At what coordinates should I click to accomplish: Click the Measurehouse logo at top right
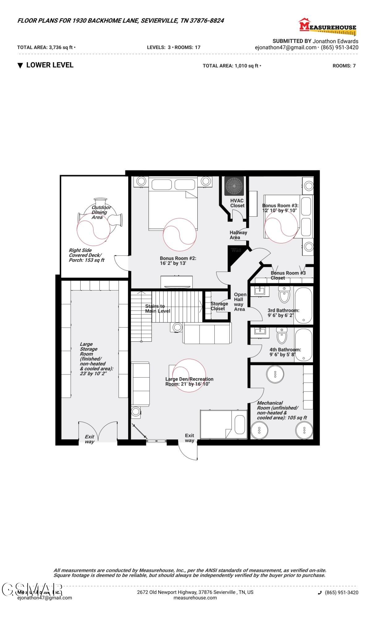coord(327,26)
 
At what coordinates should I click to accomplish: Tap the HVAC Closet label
coord(237,203)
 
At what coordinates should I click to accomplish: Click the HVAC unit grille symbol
coord(234,186)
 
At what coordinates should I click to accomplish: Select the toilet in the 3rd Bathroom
coord(284,294)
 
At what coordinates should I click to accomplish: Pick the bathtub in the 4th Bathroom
coord(303,345)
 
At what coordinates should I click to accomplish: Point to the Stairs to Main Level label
coord(158,309)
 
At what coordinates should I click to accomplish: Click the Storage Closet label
coord(219,306)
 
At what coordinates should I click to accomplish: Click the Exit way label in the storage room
coord(89,439)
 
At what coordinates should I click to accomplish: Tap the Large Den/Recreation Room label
coord(189,381)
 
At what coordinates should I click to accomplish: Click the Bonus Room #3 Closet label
coord(288,275)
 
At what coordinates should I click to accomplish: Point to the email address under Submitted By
coord(285,48)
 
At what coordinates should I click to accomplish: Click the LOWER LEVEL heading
coord(49,65)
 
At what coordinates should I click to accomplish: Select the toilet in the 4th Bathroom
coord(282,336)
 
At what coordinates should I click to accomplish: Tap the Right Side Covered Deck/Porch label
coord(86,255)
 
